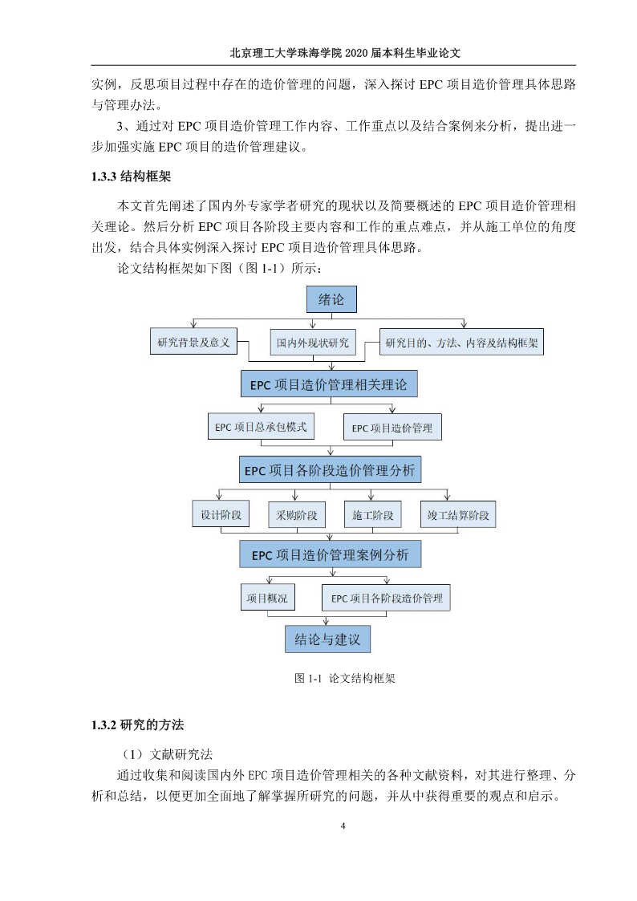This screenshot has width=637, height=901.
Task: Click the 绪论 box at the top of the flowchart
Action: tap(331, 299)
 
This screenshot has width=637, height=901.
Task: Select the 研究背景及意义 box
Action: tap(193, 342)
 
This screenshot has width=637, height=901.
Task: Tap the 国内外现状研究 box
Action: tap(312, 343)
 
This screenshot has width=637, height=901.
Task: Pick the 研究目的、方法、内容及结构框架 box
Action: tap(461, 343)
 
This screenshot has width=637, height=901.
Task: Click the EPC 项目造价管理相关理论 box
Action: tap(329, 384)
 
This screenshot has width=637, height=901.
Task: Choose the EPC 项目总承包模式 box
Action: tap(261, 427)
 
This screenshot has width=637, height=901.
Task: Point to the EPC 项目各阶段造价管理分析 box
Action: tap(330, 470)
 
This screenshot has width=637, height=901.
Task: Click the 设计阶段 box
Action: tap(221, 514)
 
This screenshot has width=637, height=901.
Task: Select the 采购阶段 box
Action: tap(296, 515)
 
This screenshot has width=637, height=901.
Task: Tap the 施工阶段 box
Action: tap(372, 515)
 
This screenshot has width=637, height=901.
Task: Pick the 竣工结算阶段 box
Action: tap(458, 515)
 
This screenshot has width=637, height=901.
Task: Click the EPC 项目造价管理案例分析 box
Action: tap(331, 554)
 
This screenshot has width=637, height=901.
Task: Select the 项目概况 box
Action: tap(267, 598)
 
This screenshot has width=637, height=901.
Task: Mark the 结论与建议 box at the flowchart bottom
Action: tap(327, 639)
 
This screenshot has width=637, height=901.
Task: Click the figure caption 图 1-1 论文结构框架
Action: tap(345, 678)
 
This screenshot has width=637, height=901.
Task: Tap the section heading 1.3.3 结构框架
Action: tap(131, 176)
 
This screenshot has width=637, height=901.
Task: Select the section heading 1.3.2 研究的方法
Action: tap(137, 724)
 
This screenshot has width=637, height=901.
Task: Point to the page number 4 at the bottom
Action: tap(343, 826)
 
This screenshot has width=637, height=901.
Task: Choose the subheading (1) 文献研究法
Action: tap(168, 754)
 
